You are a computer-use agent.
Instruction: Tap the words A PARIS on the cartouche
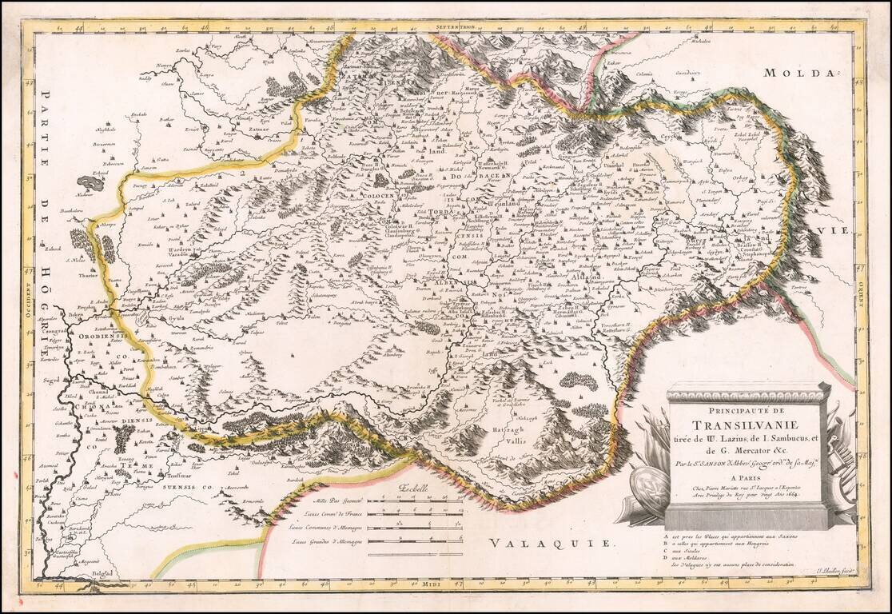point(748,472)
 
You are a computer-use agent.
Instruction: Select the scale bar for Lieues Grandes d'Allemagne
point(420,541)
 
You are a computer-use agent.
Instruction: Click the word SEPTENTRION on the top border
point(456,26)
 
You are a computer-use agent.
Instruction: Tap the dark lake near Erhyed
point(90,183)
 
